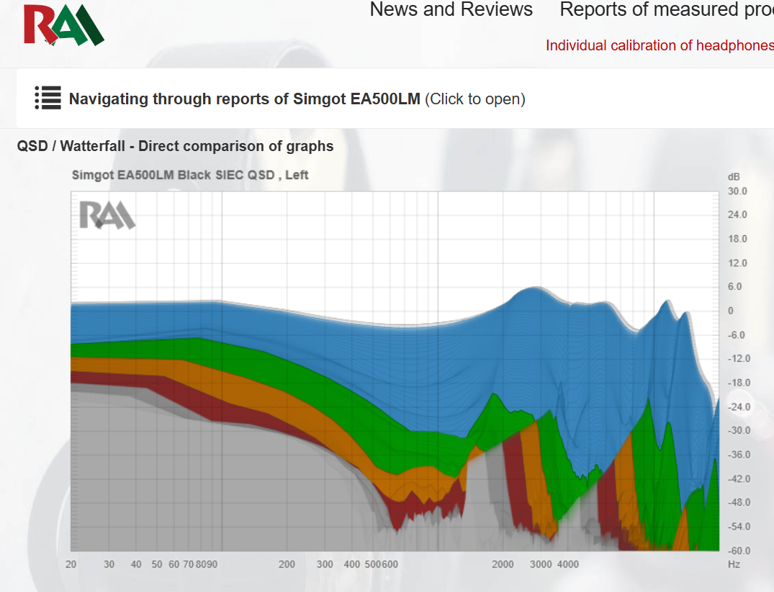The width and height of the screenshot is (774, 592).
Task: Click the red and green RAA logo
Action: pos(63,24)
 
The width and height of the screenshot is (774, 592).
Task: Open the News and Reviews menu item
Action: pos(451,9)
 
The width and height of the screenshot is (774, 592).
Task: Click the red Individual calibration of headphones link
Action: pos(660,45)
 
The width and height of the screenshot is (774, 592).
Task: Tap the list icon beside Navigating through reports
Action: pos(48,98)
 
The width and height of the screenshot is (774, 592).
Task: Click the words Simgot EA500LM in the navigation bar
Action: pos(356,99)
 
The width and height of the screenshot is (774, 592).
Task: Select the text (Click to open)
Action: pos(475,99)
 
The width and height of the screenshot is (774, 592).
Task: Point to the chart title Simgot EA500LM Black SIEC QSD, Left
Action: pos(190,175)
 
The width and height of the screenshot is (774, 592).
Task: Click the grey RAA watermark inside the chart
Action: pos(107,215)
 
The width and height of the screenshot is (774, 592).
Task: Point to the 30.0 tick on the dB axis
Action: pos(737,191)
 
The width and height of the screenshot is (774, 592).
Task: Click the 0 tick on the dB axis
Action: pos(731,311)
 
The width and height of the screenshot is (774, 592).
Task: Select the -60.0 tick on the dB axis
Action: pos(739,550)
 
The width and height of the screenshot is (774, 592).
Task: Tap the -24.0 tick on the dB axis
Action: pos(739,407)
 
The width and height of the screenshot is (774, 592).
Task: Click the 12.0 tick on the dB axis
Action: pos(737,263)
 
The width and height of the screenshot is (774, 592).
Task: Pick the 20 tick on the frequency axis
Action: pos(71,565)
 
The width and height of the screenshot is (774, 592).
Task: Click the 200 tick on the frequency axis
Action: pos(287,565)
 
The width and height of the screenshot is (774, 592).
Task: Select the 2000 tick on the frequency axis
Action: pos(503,565)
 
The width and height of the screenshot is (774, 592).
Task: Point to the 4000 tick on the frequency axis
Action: pos(567,565)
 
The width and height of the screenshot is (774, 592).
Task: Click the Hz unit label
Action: pos(734,565)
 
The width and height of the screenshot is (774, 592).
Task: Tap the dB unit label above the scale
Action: pos(734,177)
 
